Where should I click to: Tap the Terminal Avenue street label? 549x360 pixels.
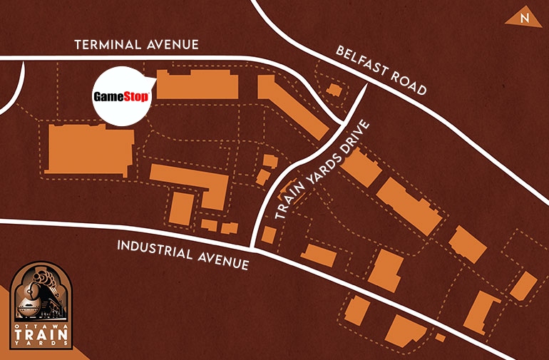tap(137, 45)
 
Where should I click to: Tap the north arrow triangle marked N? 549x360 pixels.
tap(523, 19)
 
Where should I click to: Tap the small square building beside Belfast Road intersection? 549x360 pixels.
tap(333, 91)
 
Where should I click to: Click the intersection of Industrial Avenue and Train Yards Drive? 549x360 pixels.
tap(255, 248)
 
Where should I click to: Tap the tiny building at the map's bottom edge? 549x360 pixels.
tap(441, 337)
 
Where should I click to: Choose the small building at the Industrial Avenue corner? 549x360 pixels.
tap(268, 235)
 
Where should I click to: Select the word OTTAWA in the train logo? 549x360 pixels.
tap(43, 324)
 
